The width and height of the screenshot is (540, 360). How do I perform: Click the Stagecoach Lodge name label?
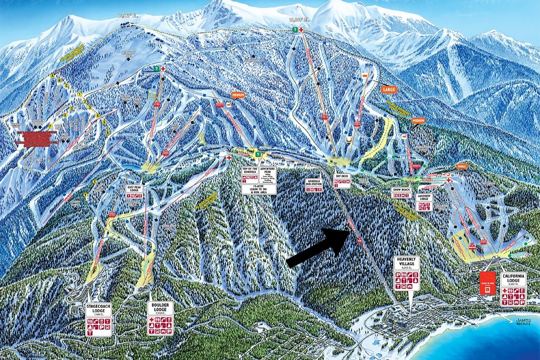coord(99,309)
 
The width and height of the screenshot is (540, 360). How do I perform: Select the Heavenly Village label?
coord(407,261)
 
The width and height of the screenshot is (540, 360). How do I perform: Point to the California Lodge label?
coord(513,279)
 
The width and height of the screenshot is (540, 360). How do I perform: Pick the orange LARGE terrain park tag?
coord(388,90)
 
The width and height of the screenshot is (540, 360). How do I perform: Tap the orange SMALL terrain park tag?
coord(462,166)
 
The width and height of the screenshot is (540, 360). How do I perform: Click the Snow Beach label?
coord(400,190)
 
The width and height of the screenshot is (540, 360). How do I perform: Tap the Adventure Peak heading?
coord(268,171)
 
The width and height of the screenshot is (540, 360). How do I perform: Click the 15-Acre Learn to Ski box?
coord(259,189)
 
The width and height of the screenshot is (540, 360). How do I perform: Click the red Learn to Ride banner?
coord(486,283)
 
